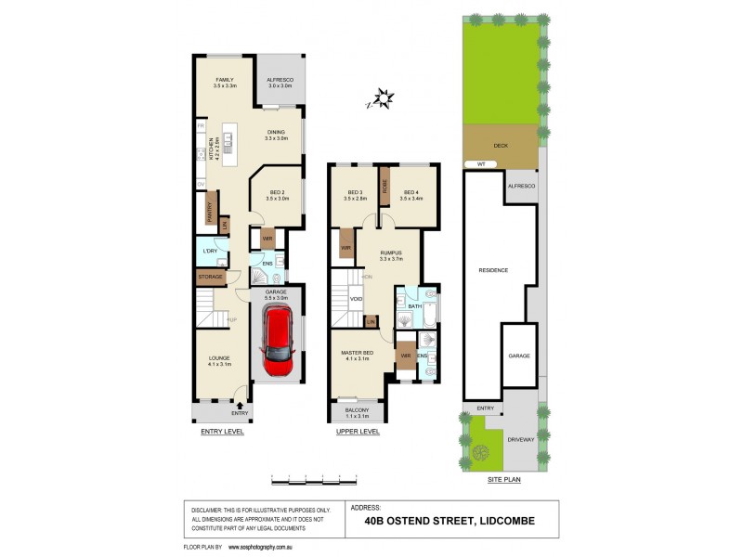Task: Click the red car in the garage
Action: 278,337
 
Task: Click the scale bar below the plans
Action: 313,481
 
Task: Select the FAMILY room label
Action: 224,82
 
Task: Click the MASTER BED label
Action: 357,353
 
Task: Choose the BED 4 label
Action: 411,194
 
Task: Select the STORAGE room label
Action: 210,278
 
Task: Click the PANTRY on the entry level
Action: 211,214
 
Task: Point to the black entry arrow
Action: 241,404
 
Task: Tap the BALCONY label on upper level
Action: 357,411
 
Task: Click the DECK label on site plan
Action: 501,146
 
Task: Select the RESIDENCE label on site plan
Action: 493,270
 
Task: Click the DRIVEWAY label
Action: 520,440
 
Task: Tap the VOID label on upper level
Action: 356,299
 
